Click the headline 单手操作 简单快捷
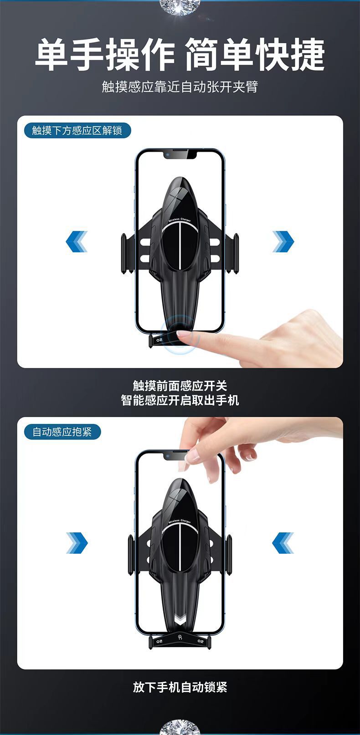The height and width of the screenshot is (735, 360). coord(180,55)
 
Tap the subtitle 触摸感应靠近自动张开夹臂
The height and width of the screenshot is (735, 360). coord(180,87)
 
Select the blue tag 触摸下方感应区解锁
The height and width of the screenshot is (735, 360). coord(77,131)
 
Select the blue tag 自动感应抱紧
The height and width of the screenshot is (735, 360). coord(62,432)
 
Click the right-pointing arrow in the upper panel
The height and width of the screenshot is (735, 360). coord(283,241)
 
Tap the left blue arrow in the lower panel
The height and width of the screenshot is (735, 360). coord(77,543)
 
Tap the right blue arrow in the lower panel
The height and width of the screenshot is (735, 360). coord(283,543)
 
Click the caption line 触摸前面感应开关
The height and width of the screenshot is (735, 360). coord(180,386)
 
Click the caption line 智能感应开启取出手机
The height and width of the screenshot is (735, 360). coord(180,400)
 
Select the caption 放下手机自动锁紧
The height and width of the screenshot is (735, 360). coord(180,687)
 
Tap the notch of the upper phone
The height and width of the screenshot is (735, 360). coord(180,155)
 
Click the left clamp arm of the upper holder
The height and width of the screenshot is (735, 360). coord(123,253)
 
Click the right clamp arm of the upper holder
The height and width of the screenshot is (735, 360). coord(236,253)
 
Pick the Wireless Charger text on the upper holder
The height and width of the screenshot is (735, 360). coord(180,220)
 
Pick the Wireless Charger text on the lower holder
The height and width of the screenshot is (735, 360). coord(180,521)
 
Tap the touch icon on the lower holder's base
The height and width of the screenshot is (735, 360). coord(180,638)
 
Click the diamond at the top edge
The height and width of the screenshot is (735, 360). coord(180,5)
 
